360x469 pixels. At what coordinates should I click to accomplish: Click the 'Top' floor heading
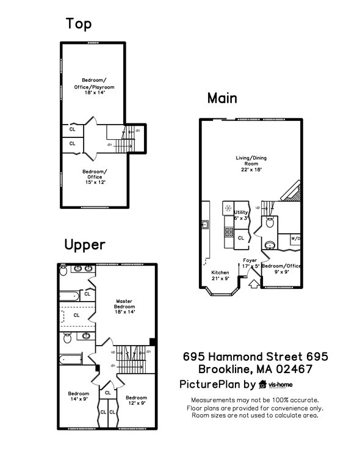click(x=79, y=24)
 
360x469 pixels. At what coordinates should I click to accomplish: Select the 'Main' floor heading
click(x=222, y=98)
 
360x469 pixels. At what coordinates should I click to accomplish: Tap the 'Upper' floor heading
click(x=85, y=245)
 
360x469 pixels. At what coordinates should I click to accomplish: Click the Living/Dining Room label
click(x=251, y=164)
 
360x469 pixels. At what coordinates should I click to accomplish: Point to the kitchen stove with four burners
click(x=229, y=231)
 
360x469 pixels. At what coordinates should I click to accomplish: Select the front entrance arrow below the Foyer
click(x=254, y=283)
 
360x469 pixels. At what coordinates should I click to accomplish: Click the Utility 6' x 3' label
click(x=242, y=214)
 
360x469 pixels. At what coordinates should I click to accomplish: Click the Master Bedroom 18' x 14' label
click(x=124, y=306)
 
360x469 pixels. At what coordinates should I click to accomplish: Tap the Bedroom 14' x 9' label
click(x=79, y=396)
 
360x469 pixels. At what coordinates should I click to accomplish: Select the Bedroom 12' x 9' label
click(x=137, y=400)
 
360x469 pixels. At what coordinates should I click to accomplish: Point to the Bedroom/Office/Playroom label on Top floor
click(x=98, y=87)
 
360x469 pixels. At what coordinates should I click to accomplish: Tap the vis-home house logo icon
click(x=263, y=385)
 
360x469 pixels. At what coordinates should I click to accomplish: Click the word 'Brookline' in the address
click(x=229, y=369)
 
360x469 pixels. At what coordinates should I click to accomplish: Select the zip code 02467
click(x=294, y=369)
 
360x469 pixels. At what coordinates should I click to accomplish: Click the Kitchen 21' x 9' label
click(x=220, y=275)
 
